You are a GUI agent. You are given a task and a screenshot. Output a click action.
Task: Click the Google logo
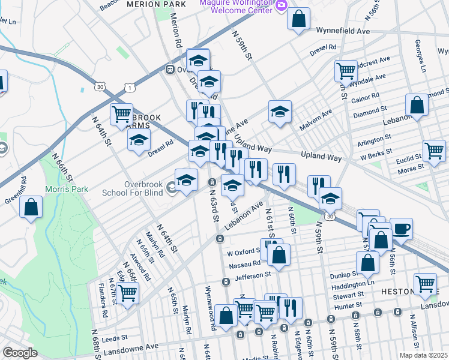(20, 353)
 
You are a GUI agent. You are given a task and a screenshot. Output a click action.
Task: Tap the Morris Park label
(67, 189)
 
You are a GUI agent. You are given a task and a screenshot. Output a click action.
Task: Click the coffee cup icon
(402, 228)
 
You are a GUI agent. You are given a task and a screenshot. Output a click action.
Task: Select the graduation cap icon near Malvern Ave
(280, 112)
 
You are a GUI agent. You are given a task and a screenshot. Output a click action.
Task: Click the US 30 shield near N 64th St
(98, 87)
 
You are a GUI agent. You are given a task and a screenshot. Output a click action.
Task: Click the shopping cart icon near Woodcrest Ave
(346, 70)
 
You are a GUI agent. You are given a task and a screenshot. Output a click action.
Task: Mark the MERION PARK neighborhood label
(156, 4)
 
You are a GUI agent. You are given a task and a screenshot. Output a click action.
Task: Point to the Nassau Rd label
(244, 263)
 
